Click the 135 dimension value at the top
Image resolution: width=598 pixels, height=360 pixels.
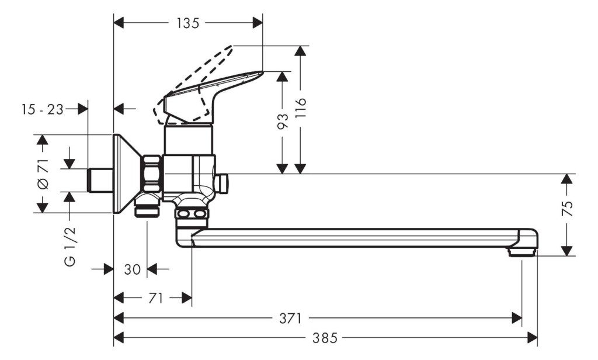(x=187, y=23)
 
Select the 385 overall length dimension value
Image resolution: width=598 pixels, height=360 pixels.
(x=325, y=337)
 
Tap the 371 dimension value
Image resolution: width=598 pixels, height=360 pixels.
(x=291, y=318)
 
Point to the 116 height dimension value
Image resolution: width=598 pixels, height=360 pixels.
(x=301, y=108)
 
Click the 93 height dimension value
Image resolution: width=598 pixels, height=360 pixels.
(x=283, y=121)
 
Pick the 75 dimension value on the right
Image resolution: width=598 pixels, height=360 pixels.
(x=568, y=209)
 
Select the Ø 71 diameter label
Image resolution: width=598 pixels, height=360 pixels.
(x=43, y=174)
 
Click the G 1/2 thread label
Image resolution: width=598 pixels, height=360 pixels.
(x=70, y=246)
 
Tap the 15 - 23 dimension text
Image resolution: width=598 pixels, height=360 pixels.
(x=42, y=109)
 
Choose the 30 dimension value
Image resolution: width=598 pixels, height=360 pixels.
(x=133, y=269)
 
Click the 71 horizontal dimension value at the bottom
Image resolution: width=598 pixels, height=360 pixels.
(x=155, y=298)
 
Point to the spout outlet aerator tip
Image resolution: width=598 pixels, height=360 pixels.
(x=521, y=252)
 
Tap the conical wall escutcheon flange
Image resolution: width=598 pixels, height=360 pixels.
(x=126, y=174)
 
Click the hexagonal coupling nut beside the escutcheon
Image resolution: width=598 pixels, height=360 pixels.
(x=152, y=173)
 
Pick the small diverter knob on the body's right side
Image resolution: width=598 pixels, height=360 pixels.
(x=221, y=184)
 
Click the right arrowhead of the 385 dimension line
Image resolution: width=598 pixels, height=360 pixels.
(x=533, y=337)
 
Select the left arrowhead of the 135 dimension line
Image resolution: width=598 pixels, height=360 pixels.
(x=119, y=23)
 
